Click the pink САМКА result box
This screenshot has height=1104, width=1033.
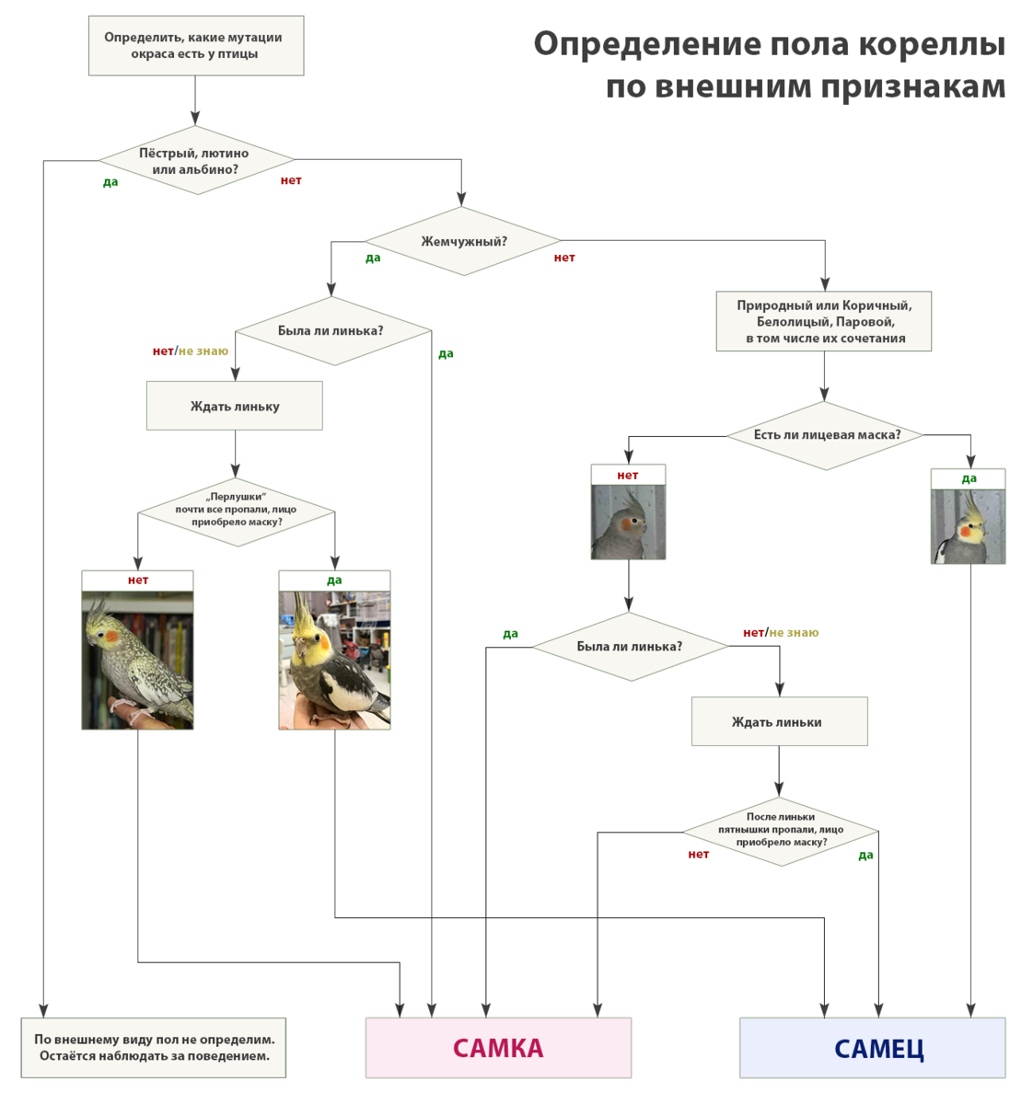(x=498, y=1047)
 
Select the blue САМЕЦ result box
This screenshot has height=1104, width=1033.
(x=872, y=1047)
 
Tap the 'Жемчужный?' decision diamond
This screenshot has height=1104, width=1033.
(x=463, y=242)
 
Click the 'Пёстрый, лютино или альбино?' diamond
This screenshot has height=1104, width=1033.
(x=195, y=161)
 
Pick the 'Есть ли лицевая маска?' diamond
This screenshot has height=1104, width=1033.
(x=826, y=435)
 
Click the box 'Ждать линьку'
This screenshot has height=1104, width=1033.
(x=235, y=406)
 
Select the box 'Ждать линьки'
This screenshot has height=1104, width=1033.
(x=779, y=721)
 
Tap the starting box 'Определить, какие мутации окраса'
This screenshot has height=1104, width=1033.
(x=195, y=46)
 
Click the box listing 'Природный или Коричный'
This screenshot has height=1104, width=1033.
(x=824, y=321)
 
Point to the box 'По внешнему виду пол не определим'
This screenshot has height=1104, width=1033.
(x=154, y=1047)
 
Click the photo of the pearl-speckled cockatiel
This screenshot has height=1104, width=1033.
(x=137, y=660)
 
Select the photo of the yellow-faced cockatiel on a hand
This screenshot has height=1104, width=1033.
(x=334, y=660)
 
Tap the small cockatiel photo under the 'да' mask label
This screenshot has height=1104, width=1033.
(x=968, y=525)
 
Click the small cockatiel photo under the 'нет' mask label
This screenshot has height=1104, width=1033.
(x=628, y=522)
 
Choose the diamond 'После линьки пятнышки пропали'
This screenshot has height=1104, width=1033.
(x=780, y=831)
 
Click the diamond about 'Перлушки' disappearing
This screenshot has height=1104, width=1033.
(x=237, y=512)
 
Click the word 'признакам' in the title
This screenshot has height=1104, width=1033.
(x=913, y=86)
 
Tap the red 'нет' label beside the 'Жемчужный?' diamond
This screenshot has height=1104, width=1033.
(x=564, y=258)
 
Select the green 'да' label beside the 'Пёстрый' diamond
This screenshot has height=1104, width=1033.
(x=110, y=182)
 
